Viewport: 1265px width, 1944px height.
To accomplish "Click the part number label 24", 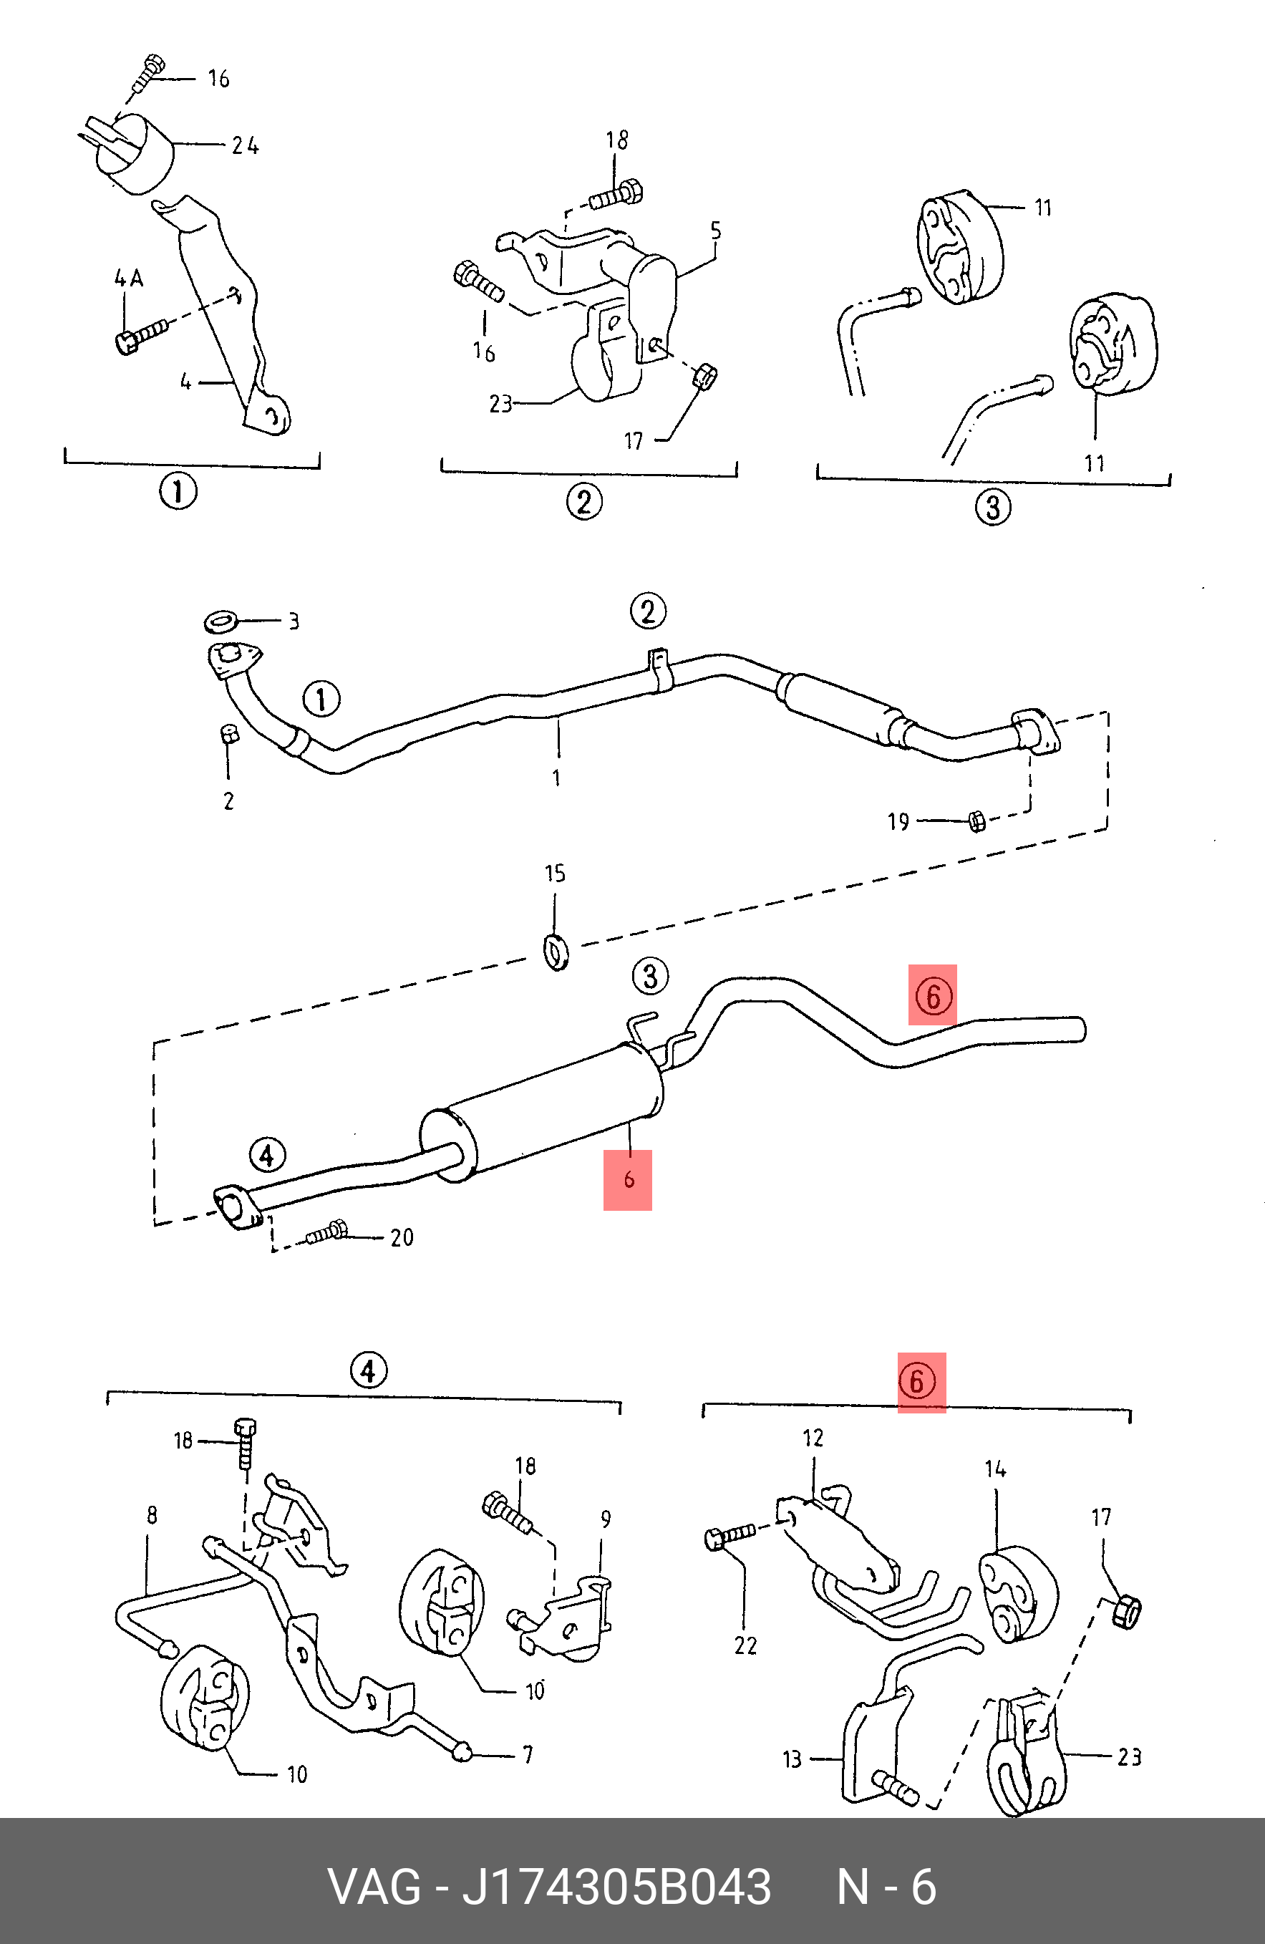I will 245,146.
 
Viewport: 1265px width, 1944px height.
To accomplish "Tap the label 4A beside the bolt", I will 128,279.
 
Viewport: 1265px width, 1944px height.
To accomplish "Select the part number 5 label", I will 715,231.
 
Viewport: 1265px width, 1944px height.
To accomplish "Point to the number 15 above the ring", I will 555,874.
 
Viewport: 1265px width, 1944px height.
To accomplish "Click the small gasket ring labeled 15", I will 556,952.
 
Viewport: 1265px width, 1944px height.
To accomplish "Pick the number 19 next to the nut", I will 898,822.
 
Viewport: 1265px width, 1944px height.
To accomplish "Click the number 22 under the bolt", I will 745,1646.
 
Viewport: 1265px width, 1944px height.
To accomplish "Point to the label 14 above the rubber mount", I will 994,1469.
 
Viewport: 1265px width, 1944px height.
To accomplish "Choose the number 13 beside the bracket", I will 791,1759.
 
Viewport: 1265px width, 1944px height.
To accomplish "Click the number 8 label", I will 152,1516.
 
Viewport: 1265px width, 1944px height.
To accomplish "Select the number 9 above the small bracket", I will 605,1519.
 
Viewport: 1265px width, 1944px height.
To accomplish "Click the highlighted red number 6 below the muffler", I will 628,1179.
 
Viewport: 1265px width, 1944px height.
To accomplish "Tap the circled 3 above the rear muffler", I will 650,976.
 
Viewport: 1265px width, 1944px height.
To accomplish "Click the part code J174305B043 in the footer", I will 616,1887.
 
